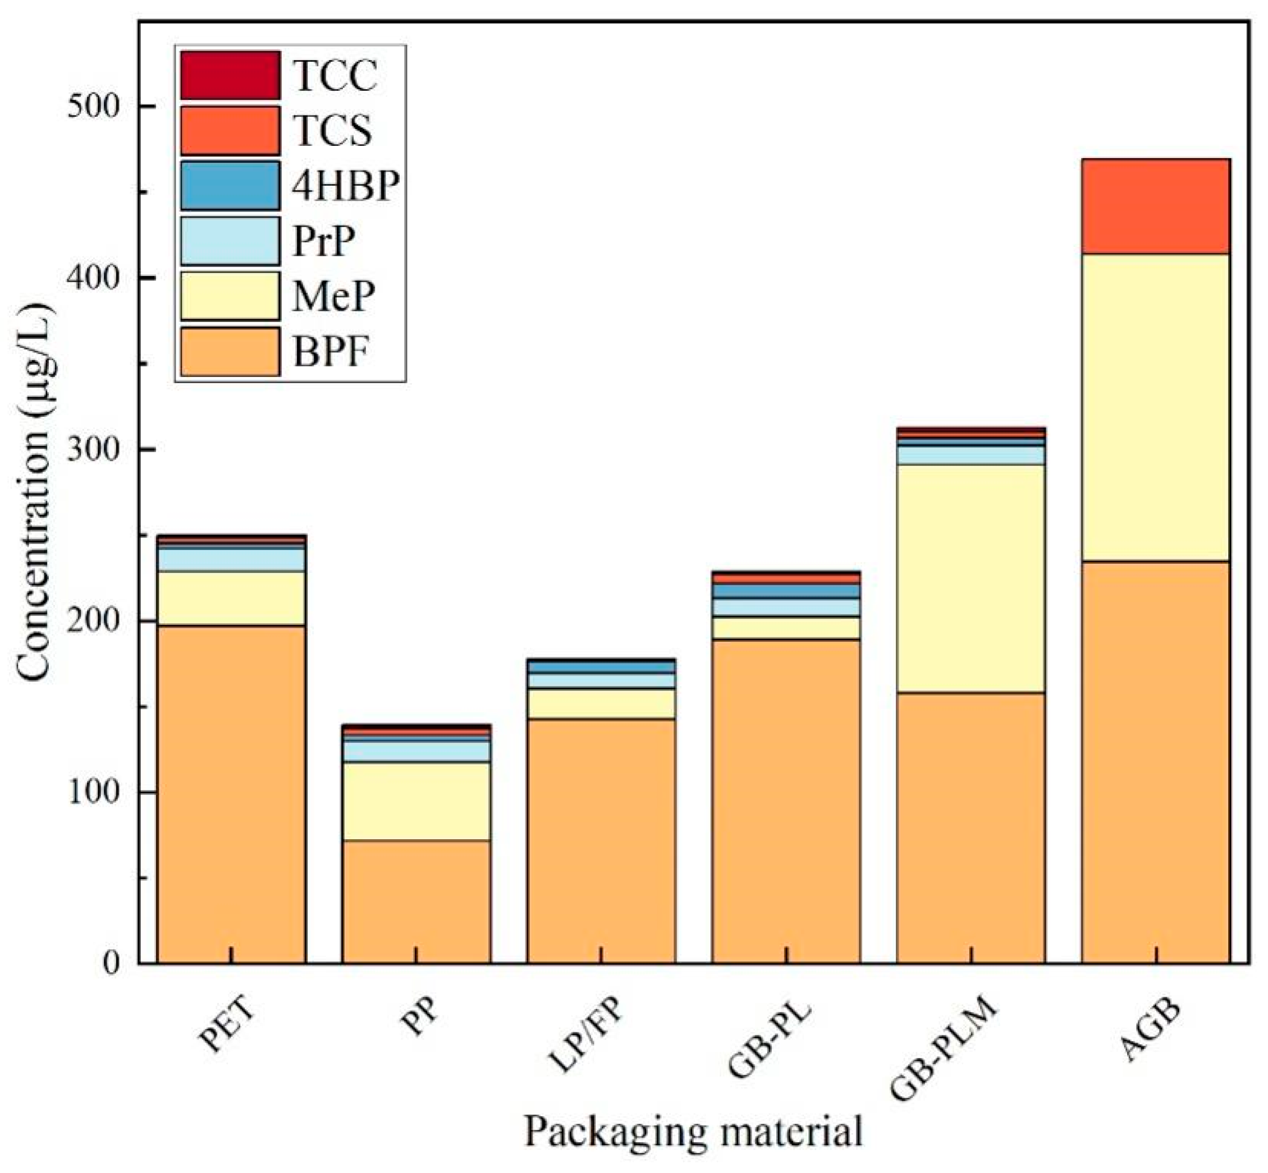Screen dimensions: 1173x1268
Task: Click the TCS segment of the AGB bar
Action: click(1156, 206)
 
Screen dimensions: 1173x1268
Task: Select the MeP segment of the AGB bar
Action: click(1156, 407)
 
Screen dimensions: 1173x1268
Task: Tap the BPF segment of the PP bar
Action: click(416, 901)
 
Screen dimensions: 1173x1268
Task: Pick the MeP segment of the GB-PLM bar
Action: click(971, 578)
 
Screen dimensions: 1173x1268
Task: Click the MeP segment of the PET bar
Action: click(231, 598)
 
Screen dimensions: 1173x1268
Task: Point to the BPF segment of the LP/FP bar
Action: click(601, 841)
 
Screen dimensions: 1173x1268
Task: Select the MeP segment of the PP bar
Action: click(416, 801)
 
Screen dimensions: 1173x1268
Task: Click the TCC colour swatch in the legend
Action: click(230, 76)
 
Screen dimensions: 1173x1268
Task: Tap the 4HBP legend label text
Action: click(346, 186)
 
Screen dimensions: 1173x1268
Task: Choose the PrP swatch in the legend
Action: click(230, 241)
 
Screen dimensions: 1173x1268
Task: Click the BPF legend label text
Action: click(331, 352)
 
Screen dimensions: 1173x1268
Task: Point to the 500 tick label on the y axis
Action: click(93, 106)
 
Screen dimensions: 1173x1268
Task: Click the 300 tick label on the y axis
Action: click(93, 449)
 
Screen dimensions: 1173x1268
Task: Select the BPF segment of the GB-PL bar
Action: click(785, 802)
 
